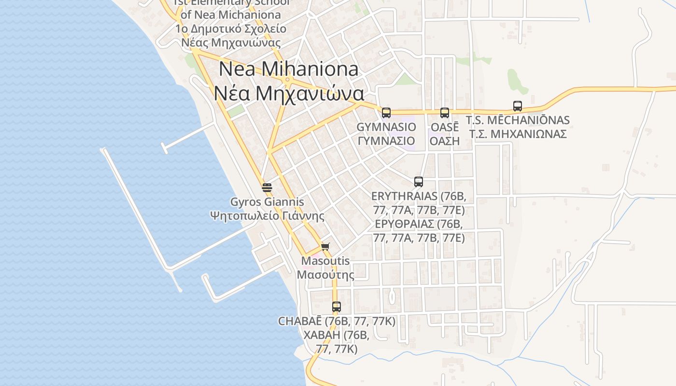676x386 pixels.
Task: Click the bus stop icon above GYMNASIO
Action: pos(386,113)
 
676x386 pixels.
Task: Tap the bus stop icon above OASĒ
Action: pos(445,113)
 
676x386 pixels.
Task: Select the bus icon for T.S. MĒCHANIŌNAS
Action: pos(518,106)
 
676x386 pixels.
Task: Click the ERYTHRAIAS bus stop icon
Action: pos(419,182)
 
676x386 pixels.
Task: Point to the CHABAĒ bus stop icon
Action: pos(337,306)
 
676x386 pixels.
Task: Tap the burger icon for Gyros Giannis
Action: pos(267,187)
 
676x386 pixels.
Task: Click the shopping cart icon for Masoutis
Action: pos(325,247)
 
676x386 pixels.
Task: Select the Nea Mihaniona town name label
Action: pos(289,69)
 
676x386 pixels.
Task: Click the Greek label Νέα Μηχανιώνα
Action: pos(289,93)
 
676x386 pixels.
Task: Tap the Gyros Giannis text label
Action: pos(267,202)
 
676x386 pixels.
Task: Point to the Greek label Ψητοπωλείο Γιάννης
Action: pos(267,215)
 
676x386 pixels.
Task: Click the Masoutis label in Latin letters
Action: pos(325,261)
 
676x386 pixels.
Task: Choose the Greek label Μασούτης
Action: pos(325,275)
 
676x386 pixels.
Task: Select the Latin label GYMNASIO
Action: pos(386,127)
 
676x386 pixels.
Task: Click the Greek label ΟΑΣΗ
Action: pos(445,141)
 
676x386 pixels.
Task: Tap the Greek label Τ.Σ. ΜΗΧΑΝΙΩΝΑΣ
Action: pos(518,134)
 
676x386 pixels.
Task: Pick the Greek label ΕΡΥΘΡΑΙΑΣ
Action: pos(419,224)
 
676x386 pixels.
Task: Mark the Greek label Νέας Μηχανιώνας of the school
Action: pos(231,42)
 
